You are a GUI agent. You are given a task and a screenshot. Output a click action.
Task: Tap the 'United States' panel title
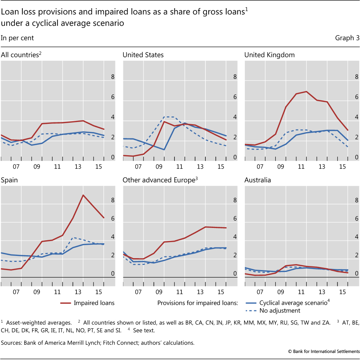[x=143, y=55]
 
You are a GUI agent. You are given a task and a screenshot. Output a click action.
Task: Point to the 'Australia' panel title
[x=258, y=180]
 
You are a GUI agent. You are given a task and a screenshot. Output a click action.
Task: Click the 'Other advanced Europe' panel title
[x=158, y=180]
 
